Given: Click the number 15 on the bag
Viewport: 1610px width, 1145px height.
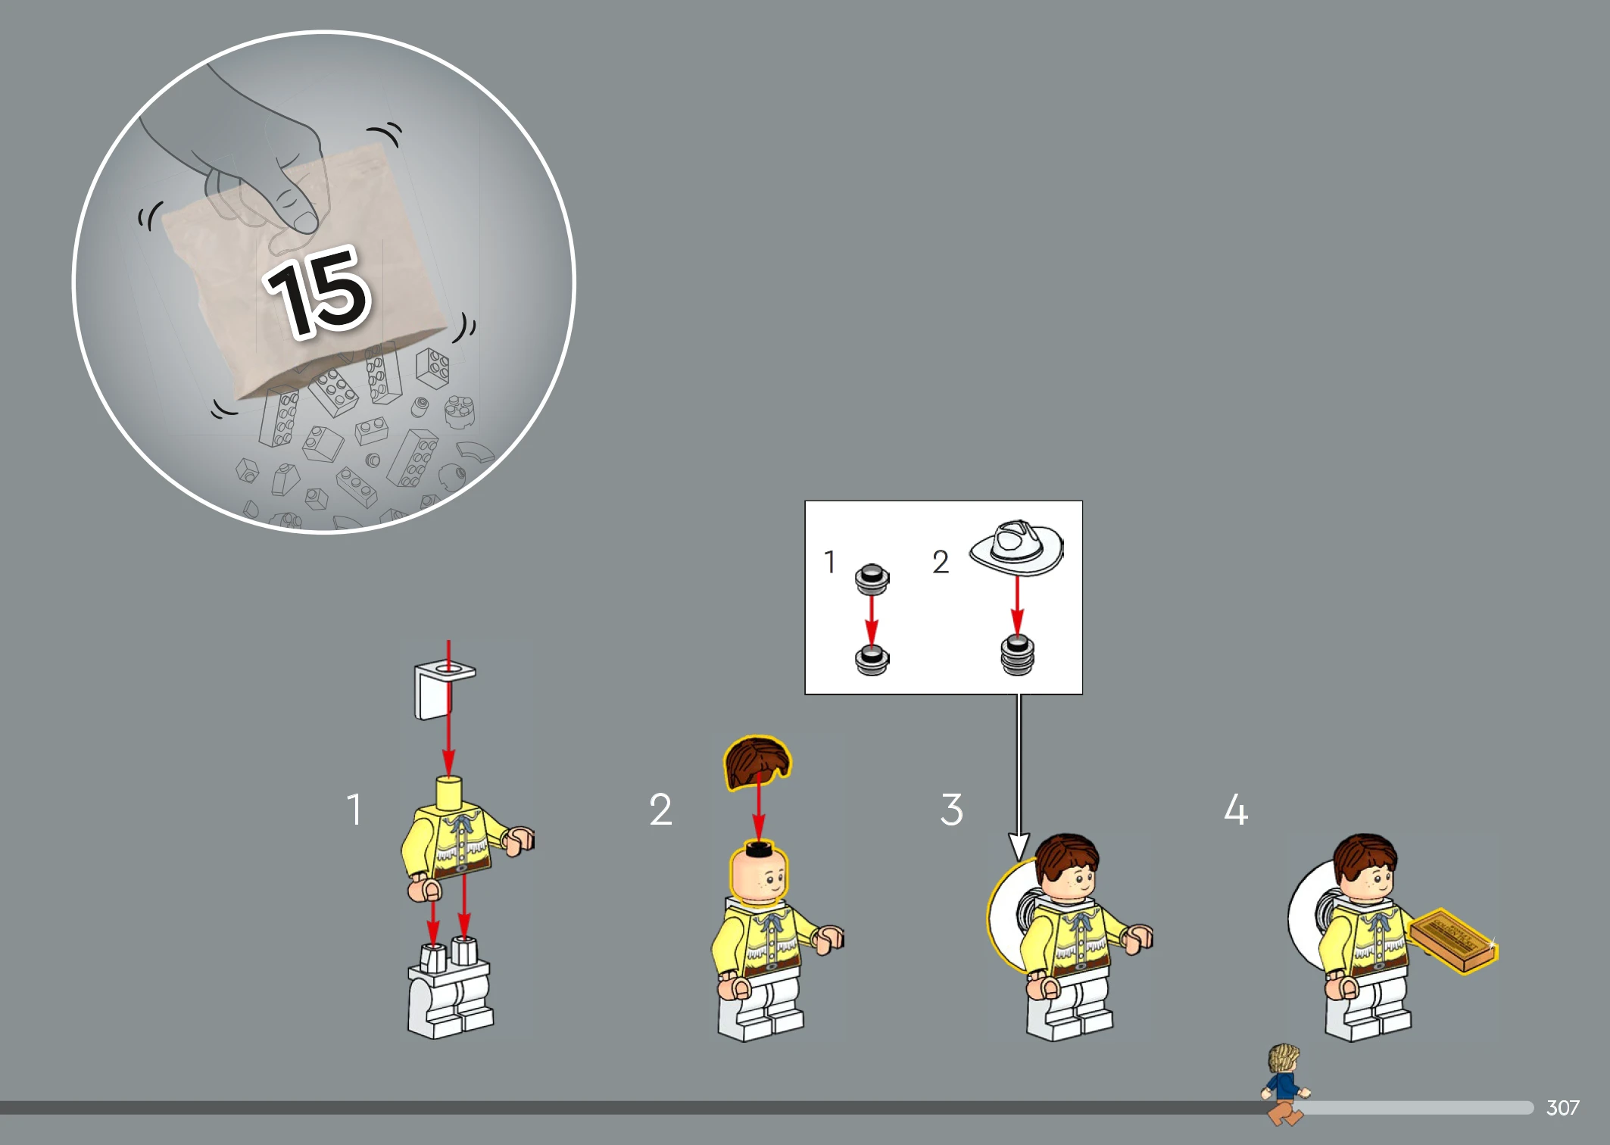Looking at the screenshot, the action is (319, 292).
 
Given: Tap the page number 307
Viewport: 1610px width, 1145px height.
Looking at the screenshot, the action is (1562, 1108).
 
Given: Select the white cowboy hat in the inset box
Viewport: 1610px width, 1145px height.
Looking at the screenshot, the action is (1016, 547).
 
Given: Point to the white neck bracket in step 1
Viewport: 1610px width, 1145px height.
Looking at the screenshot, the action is (443, 689).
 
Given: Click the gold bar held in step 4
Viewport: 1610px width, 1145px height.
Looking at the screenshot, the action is (1453, 941).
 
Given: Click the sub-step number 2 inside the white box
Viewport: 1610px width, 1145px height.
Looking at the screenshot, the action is (941, 562).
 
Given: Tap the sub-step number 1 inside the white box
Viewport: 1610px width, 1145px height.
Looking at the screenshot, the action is (830, 562).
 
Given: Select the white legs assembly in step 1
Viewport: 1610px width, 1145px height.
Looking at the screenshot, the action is (450, 988).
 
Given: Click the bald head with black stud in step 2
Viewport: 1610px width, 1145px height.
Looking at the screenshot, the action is (758, 871).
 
